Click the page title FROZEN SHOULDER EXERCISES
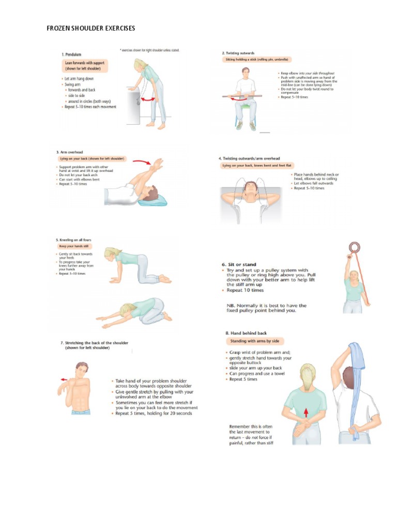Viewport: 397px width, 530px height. [x=90, y=27]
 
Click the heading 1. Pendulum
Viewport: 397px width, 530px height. [x=73, y=54]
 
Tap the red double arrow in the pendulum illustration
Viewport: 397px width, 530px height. [x=149, y=97]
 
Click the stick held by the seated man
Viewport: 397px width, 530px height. [x=244, y=96]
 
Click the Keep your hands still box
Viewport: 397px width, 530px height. [x=73, y=246]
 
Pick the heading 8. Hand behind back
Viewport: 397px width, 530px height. [x=247, y=333]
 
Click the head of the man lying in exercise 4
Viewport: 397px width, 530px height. [x=251, y=187]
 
